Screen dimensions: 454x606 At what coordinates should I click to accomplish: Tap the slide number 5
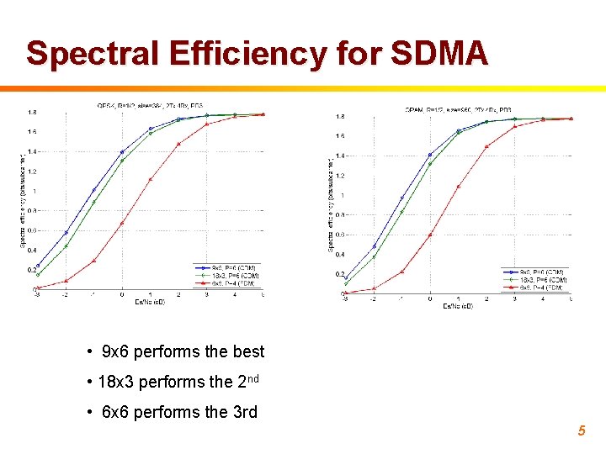[581, 431]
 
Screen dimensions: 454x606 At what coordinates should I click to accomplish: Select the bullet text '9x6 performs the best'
[183, 351]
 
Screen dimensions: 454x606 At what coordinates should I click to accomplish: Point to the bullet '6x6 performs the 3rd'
[178, 412]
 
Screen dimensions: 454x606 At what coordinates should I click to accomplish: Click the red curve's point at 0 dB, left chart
[122, 223]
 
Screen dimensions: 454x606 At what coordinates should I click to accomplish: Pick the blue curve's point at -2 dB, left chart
[66, 233]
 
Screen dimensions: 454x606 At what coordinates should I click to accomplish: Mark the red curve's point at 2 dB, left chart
[178, 144]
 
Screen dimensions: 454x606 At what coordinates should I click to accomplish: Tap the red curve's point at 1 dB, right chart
[458, 187]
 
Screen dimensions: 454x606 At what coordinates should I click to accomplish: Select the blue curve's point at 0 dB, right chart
[430, 155]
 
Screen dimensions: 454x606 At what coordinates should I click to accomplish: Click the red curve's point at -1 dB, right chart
[401, 272]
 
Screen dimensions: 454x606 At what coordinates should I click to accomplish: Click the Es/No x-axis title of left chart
[150, 301]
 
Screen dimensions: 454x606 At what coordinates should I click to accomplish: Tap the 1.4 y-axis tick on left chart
[31, 151]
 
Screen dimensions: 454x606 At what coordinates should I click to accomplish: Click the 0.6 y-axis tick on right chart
[339, 235]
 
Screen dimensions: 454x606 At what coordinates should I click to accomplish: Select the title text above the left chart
[150, 105]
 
